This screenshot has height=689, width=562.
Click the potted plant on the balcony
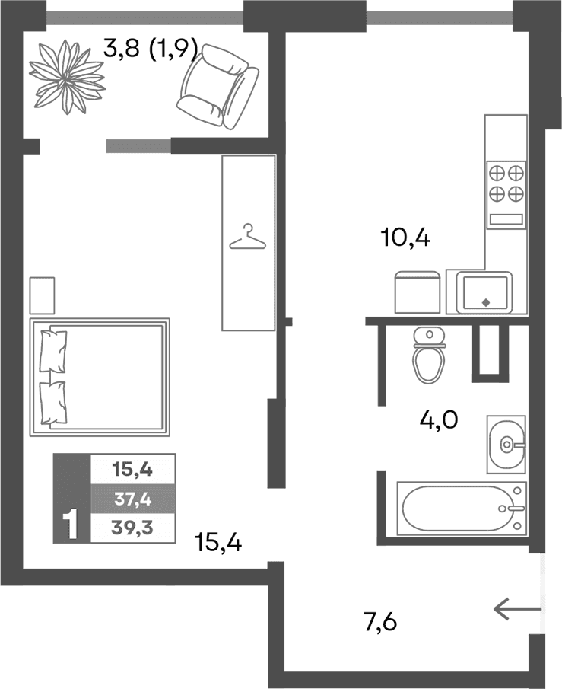67,78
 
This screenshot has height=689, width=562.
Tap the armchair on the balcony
217,87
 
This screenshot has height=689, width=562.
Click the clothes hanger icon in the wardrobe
248,237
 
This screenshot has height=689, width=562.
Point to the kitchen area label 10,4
405,238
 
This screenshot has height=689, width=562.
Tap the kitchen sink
484,292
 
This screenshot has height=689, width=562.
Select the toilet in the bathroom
429,355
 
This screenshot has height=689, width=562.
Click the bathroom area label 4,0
439,420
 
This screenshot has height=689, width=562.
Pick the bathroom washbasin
506,445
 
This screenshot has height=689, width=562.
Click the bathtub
462,509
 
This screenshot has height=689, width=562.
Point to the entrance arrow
518,608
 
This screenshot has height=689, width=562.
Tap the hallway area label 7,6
381,622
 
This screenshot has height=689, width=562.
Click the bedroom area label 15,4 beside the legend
218,543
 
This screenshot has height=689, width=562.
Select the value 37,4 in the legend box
132,499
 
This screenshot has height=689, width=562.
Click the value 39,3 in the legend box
132,528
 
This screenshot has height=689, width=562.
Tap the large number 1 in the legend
70,525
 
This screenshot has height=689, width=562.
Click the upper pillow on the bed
53,352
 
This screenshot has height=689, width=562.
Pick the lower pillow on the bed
53,403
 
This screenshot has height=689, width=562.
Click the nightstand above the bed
42,295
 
